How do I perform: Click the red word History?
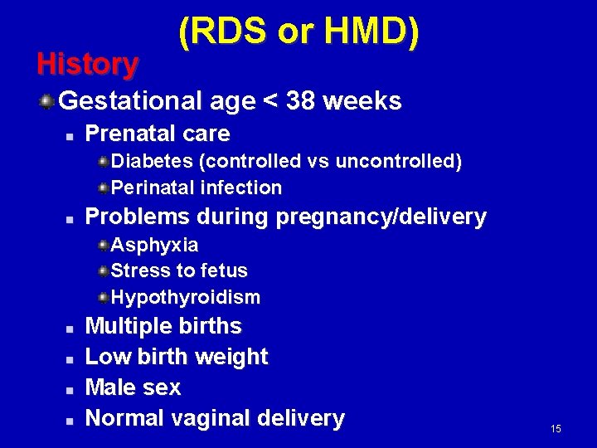(88, 63)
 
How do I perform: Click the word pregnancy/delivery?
(381, 217)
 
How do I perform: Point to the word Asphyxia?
(154, 245)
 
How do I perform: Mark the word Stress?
(135, 270)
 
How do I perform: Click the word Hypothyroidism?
(186, 297)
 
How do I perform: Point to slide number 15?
(556, 428)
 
